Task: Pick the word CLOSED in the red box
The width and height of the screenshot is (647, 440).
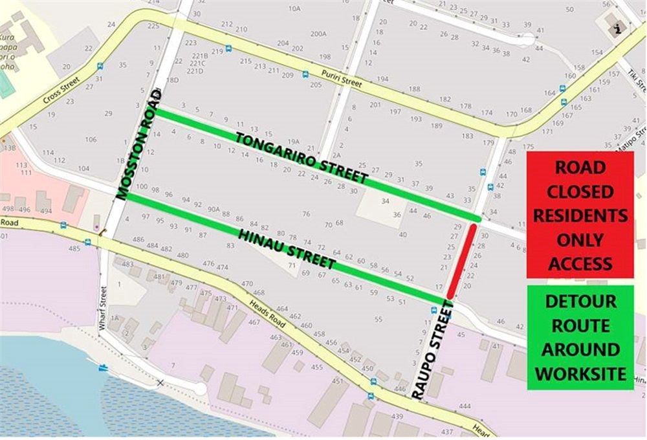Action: [x=580, y=192]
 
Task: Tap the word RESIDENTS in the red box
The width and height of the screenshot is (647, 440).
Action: [x=580, y=215]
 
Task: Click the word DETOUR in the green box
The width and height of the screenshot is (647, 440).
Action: [x=580, y=302]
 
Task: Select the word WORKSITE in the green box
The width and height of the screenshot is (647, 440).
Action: [x=580, y=373]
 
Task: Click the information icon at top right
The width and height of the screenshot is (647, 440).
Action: [x=618, y=28]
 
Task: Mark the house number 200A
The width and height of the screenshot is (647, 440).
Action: [x=318, y=34]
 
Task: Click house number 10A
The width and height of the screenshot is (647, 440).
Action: [x=294, y=8]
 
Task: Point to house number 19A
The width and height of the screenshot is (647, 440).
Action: [x=294, y=140]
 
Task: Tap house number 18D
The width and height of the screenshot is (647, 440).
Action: [x=172, y=80]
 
